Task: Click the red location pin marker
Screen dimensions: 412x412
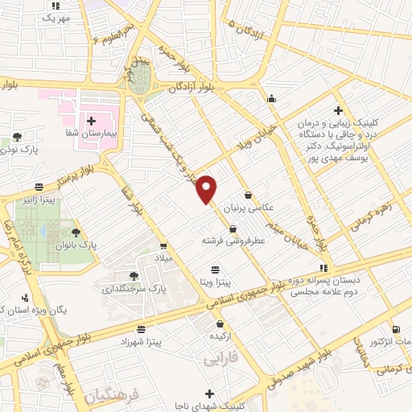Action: (208, 188)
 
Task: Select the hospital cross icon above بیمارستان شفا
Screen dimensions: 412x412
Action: (92, 121)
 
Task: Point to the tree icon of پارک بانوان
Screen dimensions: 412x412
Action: (77, 232)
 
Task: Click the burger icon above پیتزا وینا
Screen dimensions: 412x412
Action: (215, 270)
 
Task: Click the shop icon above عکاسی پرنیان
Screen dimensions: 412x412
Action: (248, 195)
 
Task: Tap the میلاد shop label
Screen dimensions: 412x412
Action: (163, 257)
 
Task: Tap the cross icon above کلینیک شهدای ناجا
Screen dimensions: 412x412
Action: (210, 393)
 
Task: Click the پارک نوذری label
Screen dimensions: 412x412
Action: (19, 150)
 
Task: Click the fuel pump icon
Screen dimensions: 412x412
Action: (395, 330)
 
